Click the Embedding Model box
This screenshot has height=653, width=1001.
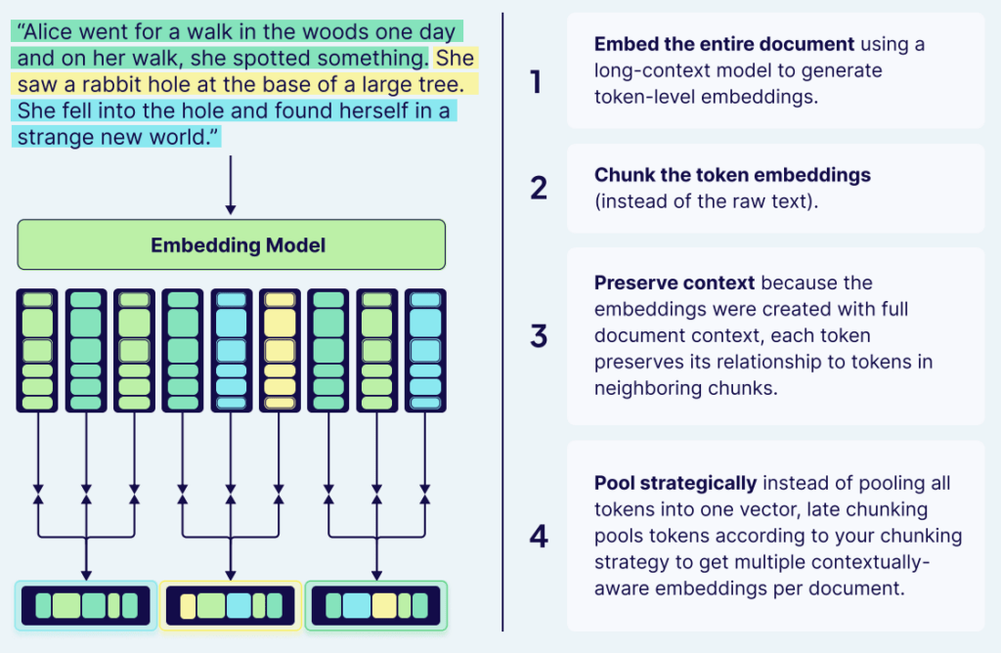tap(231, 244)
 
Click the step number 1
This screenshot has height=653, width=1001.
tap(536, 82)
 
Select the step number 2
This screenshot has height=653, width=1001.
tap(538, 188)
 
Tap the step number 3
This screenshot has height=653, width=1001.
tap(538, 336)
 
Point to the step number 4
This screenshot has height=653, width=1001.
tap(538, 536)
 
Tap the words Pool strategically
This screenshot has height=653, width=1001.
tap(675, 483)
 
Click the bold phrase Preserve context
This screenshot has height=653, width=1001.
tap(675, 283)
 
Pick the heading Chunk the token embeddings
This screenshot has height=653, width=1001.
tap(732, 175)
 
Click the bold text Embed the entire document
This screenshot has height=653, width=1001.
tap(724, 45)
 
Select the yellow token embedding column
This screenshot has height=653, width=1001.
tap(280, 350)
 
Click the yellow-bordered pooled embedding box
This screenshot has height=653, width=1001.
tap(231, 605)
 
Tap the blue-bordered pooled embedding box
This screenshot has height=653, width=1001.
tap(86, 605)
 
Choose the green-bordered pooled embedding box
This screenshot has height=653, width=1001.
tap(375, 605)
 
